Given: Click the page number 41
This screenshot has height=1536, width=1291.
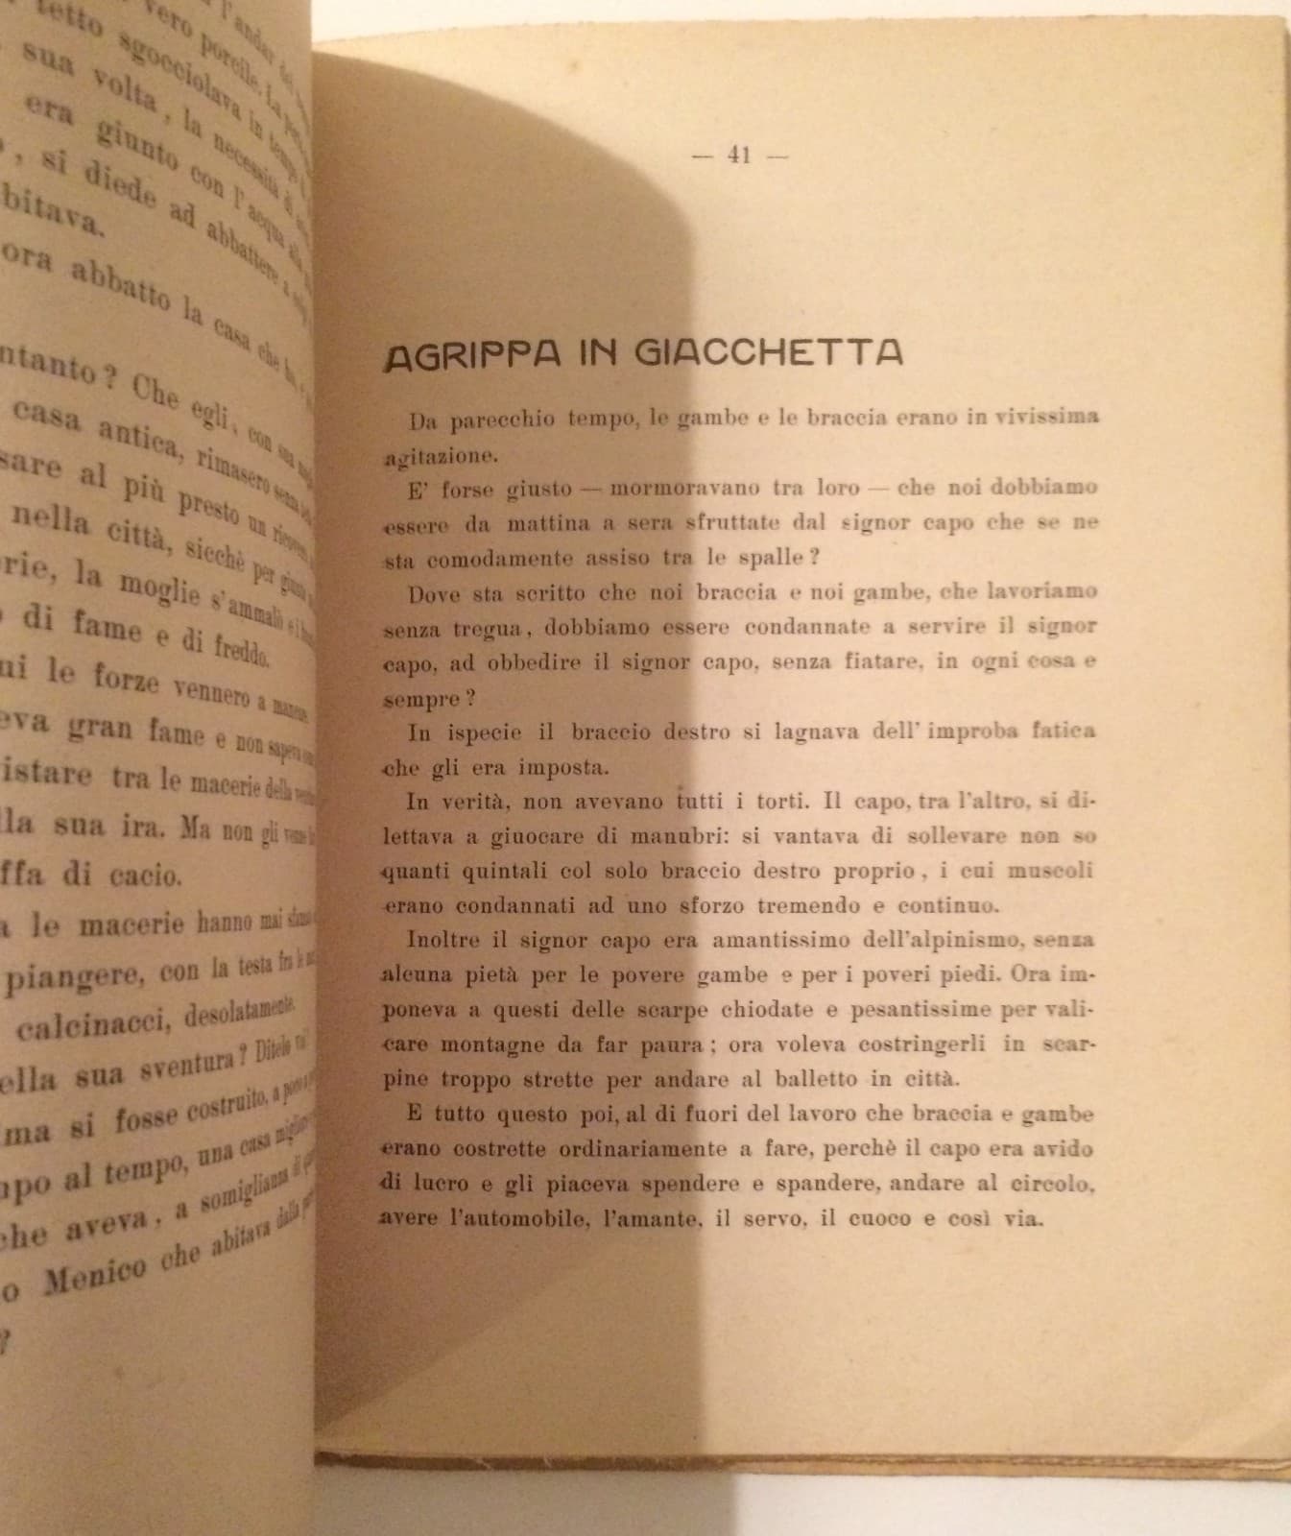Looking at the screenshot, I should pyautogui.click(x=738, y=156).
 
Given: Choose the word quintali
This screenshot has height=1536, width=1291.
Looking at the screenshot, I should pyautogui.click(x=480, y=872).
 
